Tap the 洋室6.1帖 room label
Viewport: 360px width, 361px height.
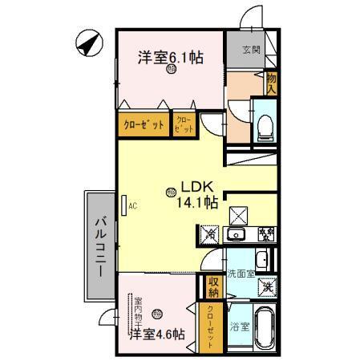[170, 57]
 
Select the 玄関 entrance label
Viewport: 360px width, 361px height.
[251, 51]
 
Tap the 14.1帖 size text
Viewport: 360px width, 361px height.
[198, 202]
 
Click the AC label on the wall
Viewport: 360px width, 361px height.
[133, 205]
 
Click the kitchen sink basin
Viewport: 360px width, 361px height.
[234, 235]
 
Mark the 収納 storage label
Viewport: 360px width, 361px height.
[214, 285]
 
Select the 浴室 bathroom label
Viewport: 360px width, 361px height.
[239, 327]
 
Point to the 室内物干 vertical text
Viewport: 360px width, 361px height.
[138, 306]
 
